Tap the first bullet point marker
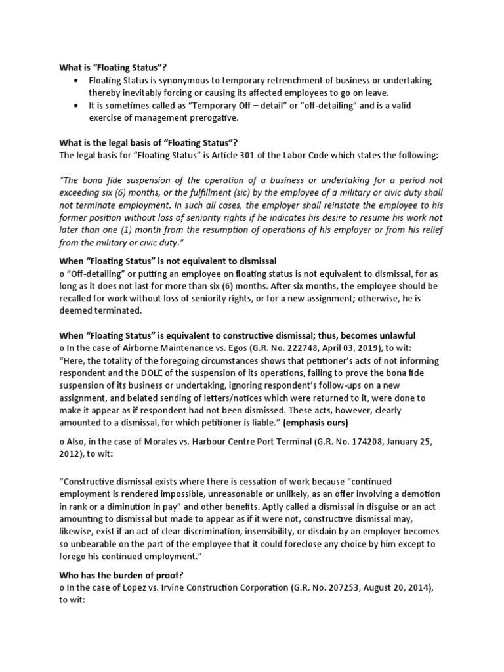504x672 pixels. pos(77,80)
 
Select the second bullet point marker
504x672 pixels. pos(77,106)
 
